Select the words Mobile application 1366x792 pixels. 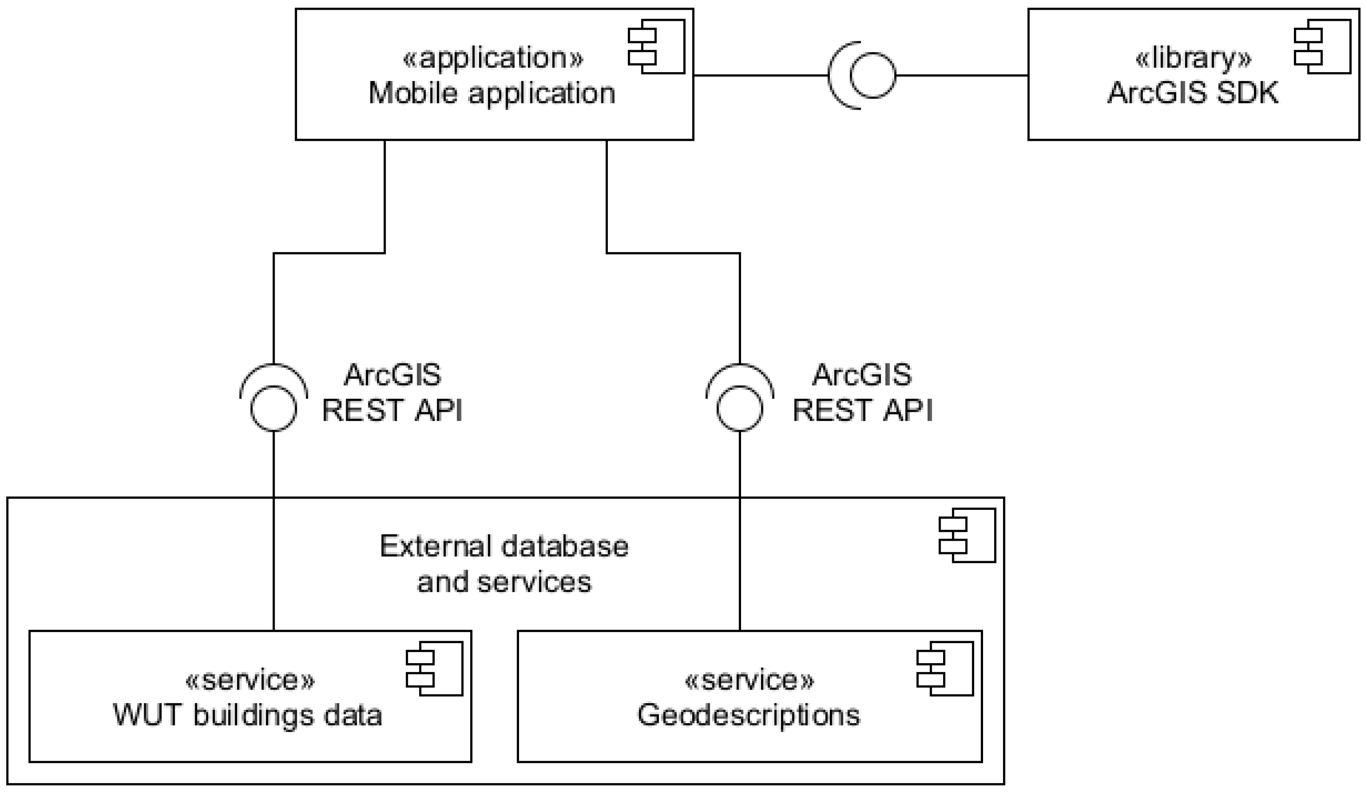pyautogui.click(x=492, y=93)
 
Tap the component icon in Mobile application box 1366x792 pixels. pyautogui.click(x=657, y=46)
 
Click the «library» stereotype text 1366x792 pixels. pyautogui.click(x=1193, y=58)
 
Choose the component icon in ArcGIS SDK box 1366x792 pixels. pyautogui.click(x=1323, y=46)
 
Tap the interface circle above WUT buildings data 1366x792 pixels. pyautogui.click(x=274, y=409)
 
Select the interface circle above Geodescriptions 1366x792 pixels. pyautogui.click(x=740, y=409)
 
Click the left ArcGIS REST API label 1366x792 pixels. pyautogui.click(x=392, y=392)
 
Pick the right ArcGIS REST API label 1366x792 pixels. pyautogui.click(x=862, y=392)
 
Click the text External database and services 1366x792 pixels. pyautogui.click(x=504, y=564)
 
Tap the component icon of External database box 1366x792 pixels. pyautogui.click(x=968, y=535)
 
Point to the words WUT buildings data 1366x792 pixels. pyautogui.click(x=248, y=715)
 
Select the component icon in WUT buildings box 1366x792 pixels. pyautogui.click(x=435, y=669)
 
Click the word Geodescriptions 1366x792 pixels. pyautogui.click(x=748, y=715)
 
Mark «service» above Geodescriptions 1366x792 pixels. pyautogui.click(x=749, y=680)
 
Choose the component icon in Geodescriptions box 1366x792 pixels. pyautogui.click(x=945, y=669)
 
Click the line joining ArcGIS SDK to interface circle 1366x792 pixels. pyautogui.click(x=962, y=75)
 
